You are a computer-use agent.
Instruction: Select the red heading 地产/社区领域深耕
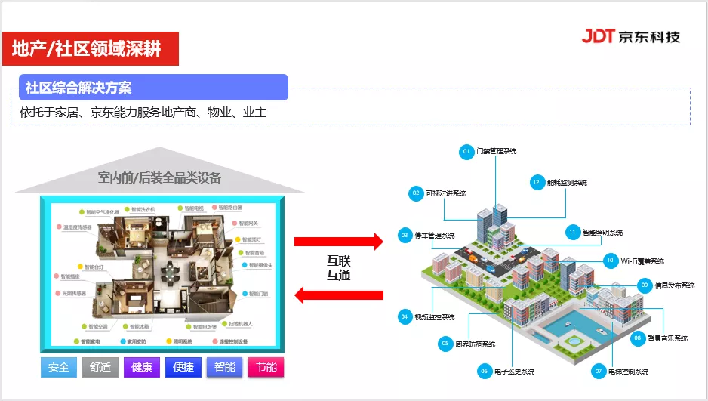pos(90,48)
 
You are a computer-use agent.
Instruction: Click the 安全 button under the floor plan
pos(58,368)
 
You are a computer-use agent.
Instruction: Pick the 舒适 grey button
pos(100,368)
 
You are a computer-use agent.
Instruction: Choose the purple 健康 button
pos(142,368)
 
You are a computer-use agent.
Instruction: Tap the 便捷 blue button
pos(183,368)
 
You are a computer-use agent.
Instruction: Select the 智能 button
pos(225,368)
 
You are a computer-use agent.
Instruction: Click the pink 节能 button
pos(266,368)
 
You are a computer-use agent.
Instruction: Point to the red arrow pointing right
pos(339,241)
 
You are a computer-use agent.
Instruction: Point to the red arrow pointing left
pos(339,295)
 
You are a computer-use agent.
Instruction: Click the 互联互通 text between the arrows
pos(339,267)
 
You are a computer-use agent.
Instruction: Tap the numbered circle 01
pos(466,152)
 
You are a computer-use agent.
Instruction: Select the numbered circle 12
pos(537,182)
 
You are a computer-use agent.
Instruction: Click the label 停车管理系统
pos(434,236)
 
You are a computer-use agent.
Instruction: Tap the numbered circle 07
pos(599,371)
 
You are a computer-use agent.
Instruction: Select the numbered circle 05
pos(445,344)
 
